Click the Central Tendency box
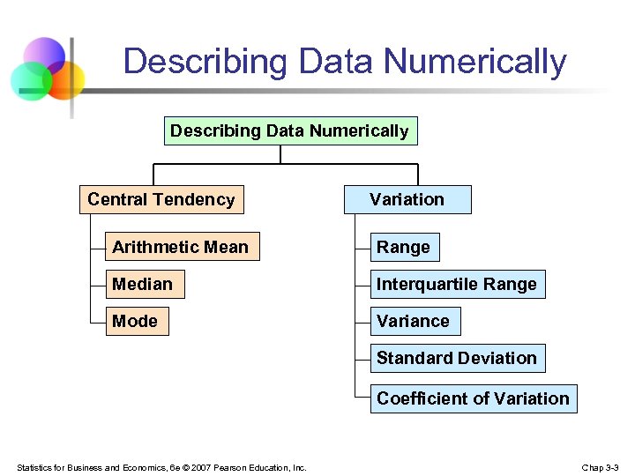161,200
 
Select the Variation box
407,200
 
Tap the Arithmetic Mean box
181,248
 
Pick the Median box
143,285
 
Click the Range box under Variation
403,248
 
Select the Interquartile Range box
457,285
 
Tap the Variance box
413,322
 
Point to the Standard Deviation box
457,359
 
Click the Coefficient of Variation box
473,398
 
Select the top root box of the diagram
289,131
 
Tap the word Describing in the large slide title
205,62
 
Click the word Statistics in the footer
35,467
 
